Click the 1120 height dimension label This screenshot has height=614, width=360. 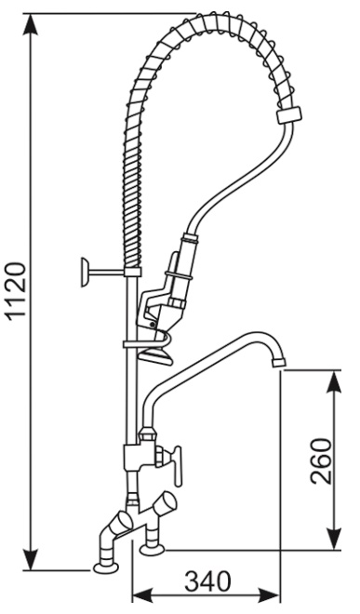pos(19,291)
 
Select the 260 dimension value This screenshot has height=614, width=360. pos(321,460)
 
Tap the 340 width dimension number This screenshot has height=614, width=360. pos(207,581)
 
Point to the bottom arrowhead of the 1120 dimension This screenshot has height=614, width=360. pos(31,558)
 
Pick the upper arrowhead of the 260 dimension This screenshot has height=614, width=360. pos(334,381)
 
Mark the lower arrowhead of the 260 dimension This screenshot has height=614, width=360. pos(334,538)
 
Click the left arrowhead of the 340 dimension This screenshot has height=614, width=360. pos(143,595)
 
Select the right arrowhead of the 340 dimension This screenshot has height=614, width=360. pos(269,595)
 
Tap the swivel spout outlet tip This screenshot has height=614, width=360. pos(279,363)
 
